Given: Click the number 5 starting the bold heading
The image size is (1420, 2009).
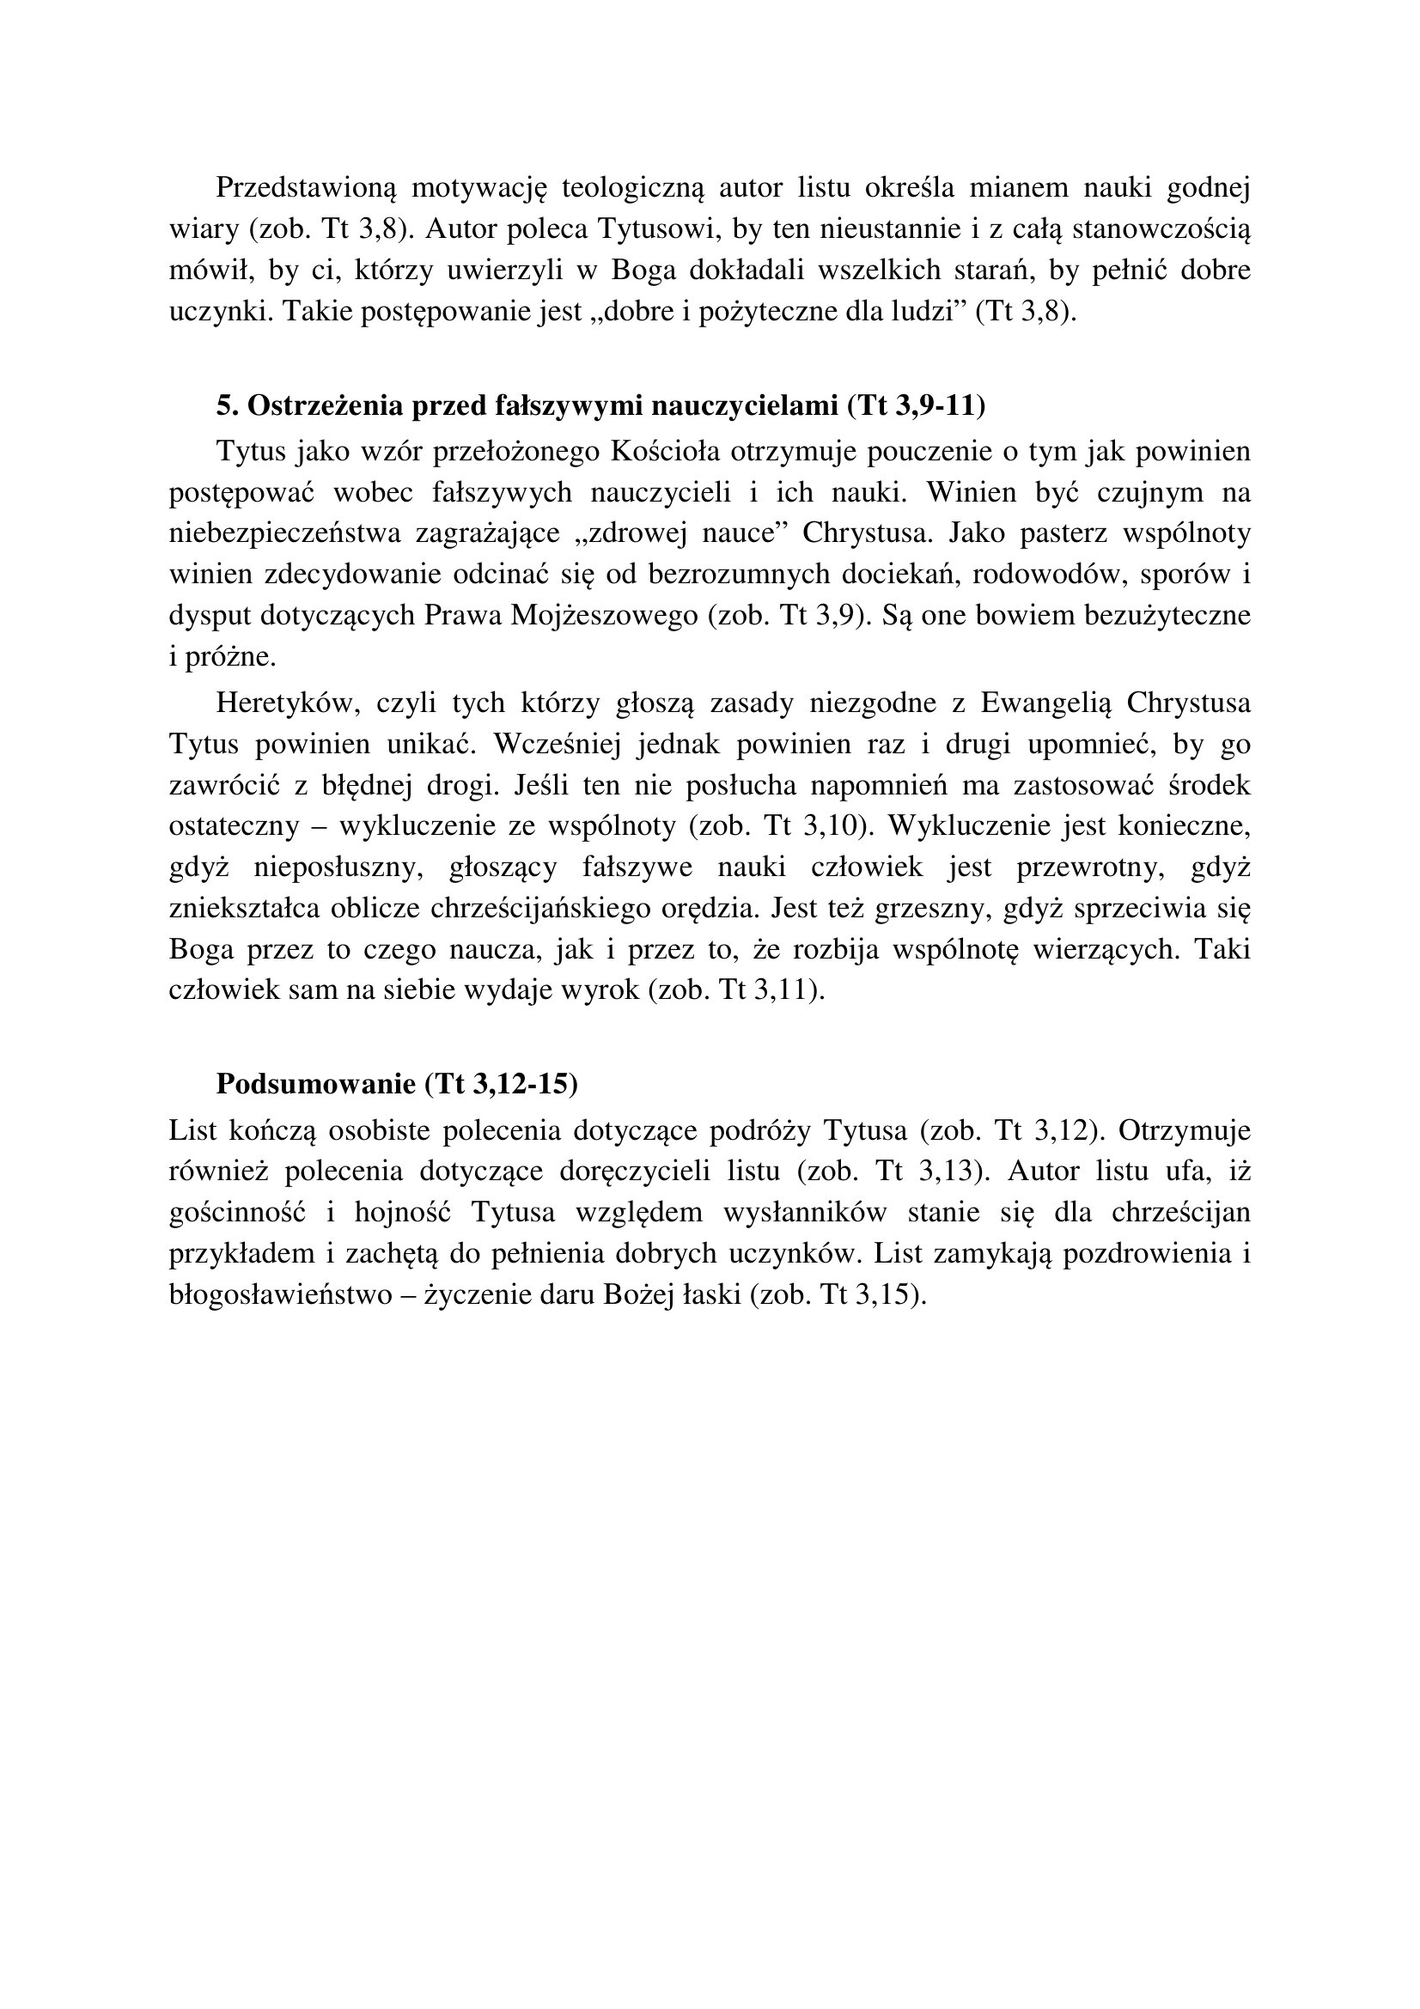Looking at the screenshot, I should tap(223, 406).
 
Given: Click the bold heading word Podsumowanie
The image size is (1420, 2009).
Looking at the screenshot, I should tap(316, 1084).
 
